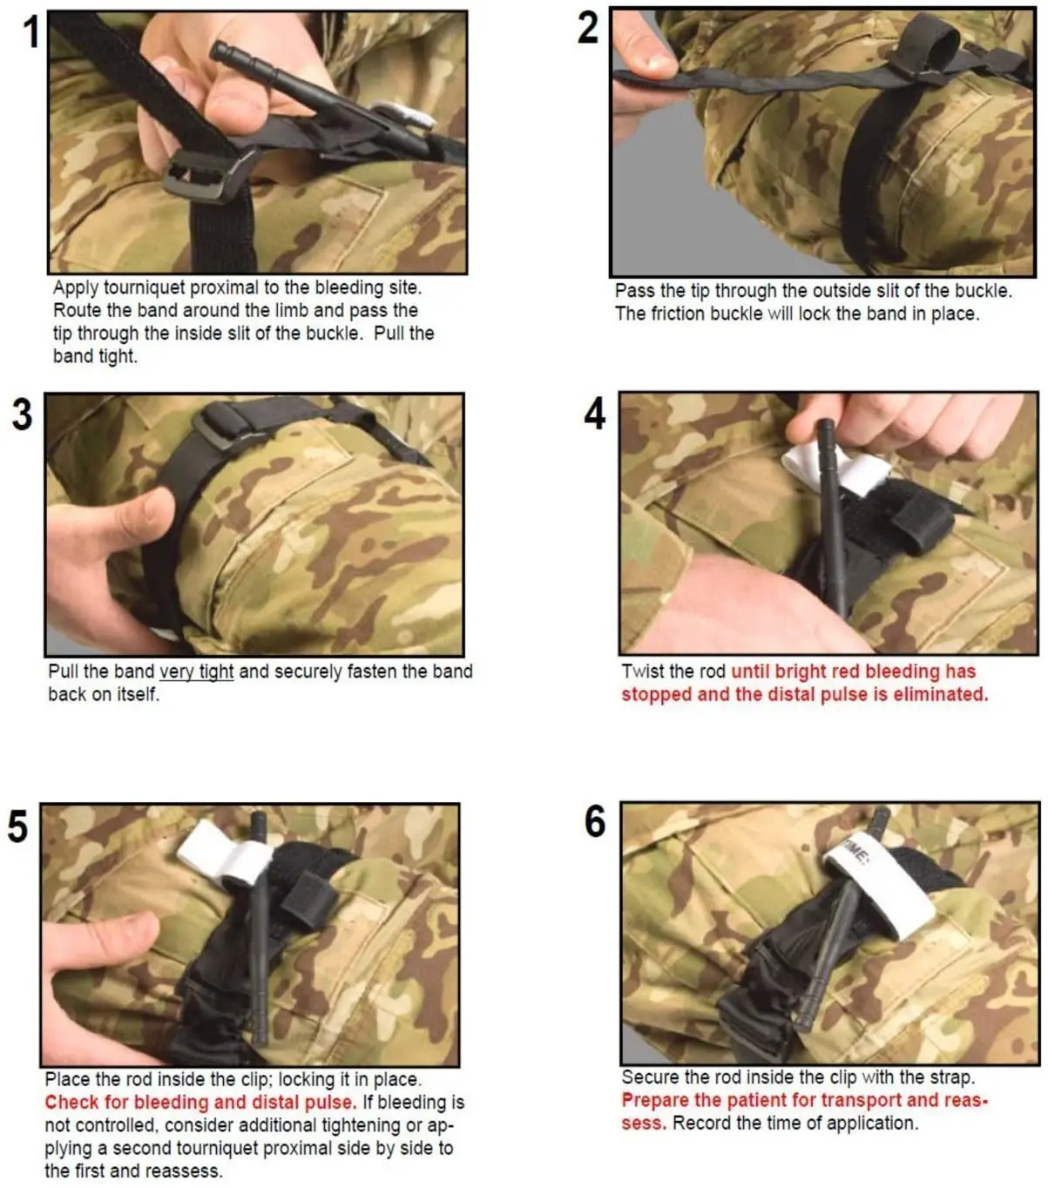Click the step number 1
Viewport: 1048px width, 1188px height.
31,31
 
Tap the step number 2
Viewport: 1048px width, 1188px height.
588,28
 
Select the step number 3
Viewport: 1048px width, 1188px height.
23,415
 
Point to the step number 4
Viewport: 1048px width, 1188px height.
595,414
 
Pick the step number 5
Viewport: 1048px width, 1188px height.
18,827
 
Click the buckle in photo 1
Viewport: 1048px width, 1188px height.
208,174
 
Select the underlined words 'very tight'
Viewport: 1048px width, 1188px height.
197,672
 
